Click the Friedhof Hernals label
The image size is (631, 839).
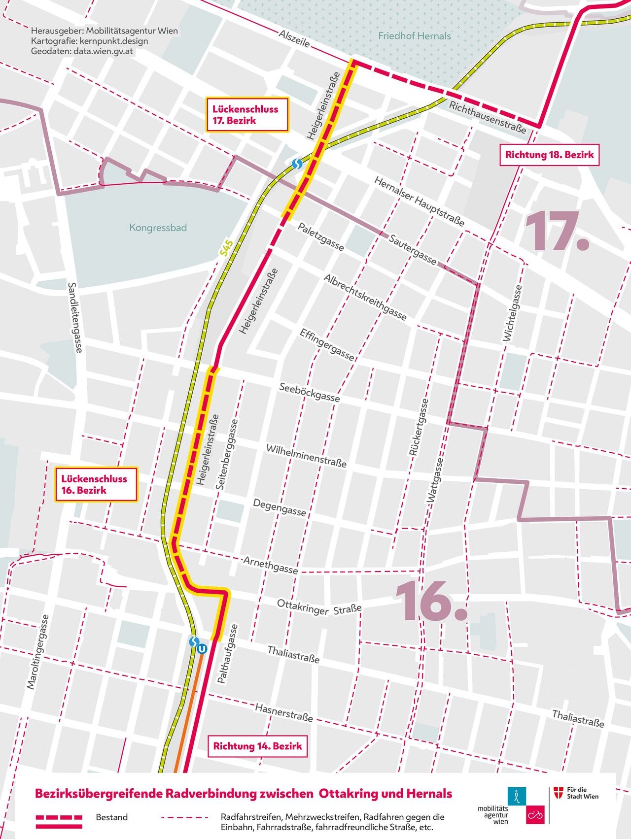tap(414, 36)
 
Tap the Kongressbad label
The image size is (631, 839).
tap(158, 228)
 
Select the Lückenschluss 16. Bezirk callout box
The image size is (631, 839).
tap(94, 484)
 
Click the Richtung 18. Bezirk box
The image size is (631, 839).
tap(549, 155)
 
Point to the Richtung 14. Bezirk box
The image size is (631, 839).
tap(257, 746)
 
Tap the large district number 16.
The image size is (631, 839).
tap(430, 601)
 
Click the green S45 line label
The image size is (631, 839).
tap(226, 247)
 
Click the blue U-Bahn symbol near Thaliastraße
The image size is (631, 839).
tap(202, 649)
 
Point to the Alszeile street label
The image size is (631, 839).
tap(294, 39)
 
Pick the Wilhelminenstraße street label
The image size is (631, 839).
tap(306, 456)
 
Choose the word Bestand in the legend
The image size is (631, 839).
tap(111, 817)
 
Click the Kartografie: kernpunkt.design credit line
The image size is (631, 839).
tap(89, 41)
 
